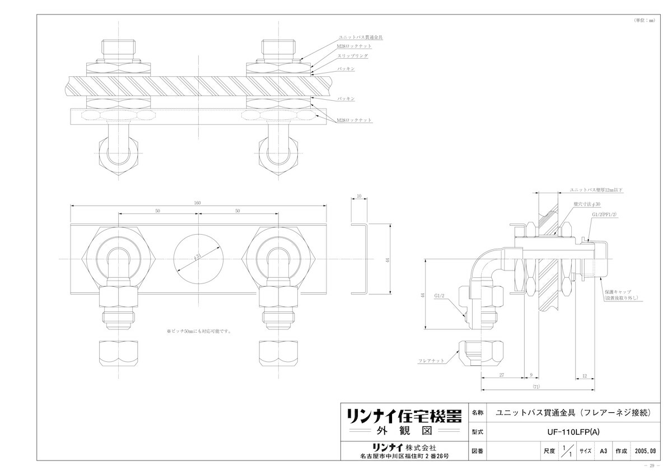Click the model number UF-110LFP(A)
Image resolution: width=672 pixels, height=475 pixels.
[x=568, y=432]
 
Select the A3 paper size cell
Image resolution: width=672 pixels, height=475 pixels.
[x=603, y=450]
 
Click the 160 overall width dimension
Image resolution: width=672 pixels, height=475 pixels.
[x=197, y=203]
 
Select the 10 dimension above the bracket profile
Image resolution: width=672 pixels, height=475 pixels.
[x=358, y=197]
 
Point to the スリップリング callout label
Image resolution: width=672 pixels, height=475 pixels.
[x=353, y=57]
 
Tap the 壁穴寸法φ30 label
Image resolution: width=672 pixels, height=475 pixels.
[x=586, y=205]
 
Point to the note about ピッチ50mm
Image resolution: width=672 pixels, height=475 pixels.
[x=199, y=331]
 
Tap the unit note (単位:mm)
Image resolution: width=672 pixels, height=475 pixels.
[x=644, y=20]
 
